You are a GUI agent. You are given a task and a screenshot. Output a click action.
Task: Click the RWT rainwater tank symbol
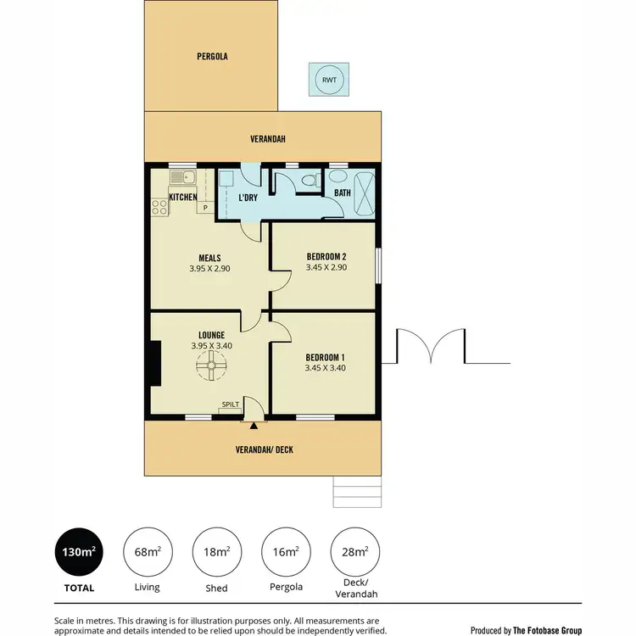pyautogui.click(x=328, y=81)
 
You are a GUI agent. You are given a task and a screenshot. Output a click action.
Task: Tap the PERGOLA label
pyautogui.click(x=211, y=57)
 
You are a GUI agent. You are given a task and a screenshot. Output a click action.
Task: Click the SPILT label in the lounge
pyautogui.click(x=230, y=404)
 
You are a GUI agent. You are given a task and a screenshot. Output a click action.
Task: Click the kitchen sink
pyautogui.click(x=182, y=177)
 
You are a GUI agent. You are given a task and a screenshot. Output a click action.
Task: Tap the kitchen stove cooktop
pyautogui.click(x=159, y=206)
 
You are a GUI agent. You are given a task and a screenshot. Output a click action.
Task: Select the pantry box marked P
pyautogui.click(x=205, y=206)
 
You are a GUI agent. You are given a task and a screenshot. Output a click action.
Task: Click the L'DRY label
pyautogui.click(x=248, y=197)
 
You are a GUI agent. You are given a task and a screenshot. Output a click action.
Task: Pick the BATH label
pyautogui.click(x=342, y=193)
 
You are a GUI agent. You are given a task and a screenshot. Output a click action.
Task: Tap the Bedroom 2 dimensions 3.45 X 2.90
pyautogui.click(x=326, y=268)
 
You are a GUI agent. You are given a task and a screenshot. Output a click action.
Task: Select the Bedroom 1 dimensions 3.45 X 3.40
pyautogui.click(x=326, y=368)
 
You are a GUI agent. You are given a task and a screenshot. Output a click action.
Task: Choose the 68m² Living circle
pyautogui.click(x=147, y=551)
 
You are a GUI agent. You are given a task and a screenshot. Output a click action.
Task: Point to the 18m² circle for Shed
pyautogui.click(x=215, y=551)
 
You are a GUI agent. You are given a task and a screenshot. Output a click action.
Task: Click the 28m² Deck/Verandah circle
pyautogui.click(x=354, y=551)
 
